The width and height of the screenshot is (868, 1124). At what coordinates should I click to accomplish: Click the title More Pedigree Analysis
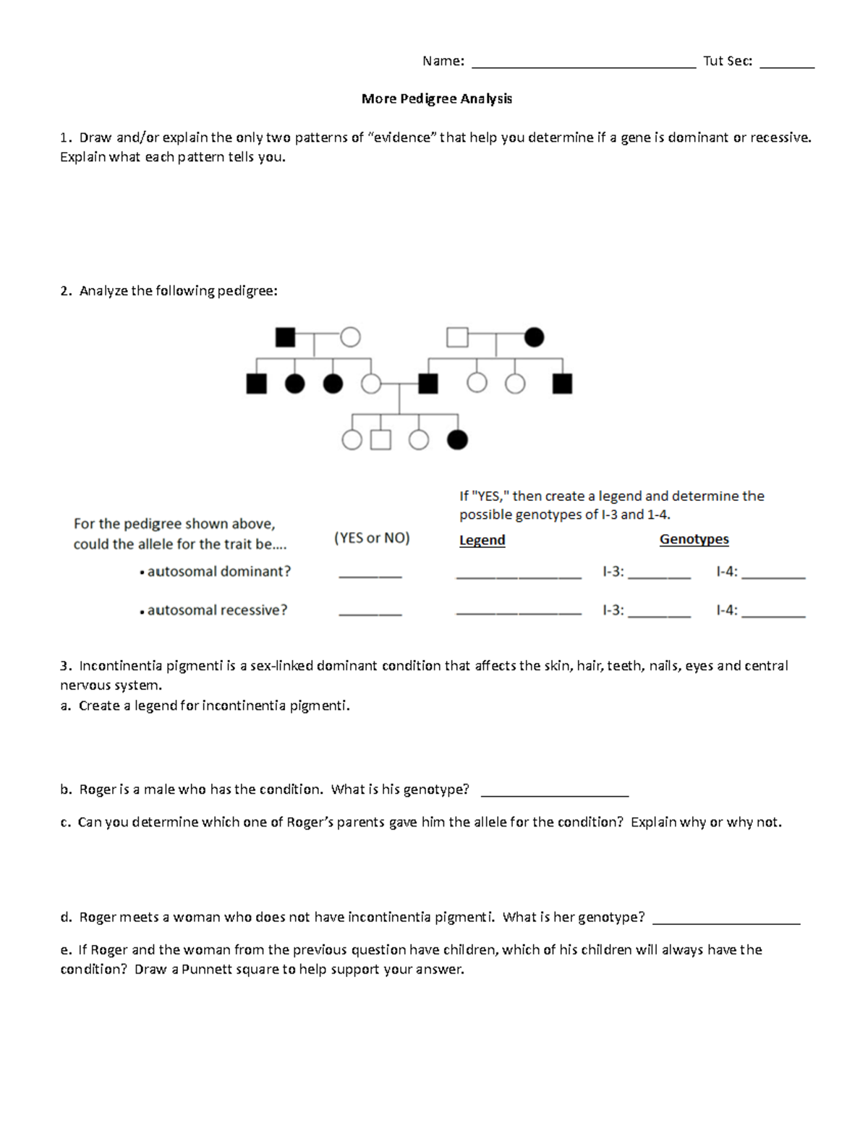point(436,98)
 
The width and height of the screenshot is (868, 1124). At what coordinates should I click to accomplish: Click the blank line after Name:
point(583,65)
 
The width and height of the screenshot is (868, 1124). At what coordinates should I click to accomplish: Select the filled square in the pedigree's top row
point(286,337)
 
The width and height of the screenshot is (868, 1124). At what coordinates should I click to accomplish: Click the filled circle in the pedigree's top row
point(534,337)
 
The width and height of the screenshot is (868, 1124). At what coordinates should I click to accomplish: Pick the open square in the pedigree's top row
point(457,337)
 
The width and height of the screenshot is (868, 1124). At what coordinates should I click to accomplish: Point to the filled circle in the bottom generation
point(457,439)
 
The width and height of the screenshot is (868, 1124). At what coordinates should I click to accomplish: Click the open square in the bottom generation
point(381,439)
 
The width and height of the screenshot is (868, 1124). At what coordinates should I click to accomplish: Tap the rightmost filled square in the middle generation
point(562,384)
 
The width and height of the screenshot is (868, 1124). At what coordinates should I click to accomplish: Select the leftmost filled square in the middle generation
point(256,384)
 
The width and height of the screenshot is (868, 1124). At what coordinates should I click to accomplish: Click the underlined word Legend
point(482,540)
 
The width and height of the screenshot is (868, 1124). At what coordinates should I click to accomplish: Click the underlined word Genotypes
point(694,539)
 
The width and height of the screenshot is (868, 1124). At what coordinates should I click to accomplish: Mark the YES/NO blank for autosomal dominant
point(370,575)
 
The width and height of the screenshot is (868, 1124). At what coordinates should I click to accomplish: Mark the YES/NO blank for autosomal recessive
point(370,614)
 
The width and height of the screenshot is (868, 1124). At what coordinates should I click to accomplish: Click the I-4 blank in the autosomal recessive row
point(773,614)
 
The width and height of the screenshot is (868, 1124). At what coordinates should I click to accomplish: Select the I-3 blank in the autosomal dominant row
point(659,576)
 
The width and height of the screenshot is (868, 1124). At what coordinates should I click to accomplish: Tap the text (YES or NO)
point(372,538)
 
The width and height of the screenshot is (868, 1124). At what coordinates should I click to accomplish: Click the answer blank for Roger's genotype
point(554,794)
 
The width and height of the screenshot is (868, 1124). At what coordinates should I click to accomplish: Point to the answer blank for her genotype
point(726,922)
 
